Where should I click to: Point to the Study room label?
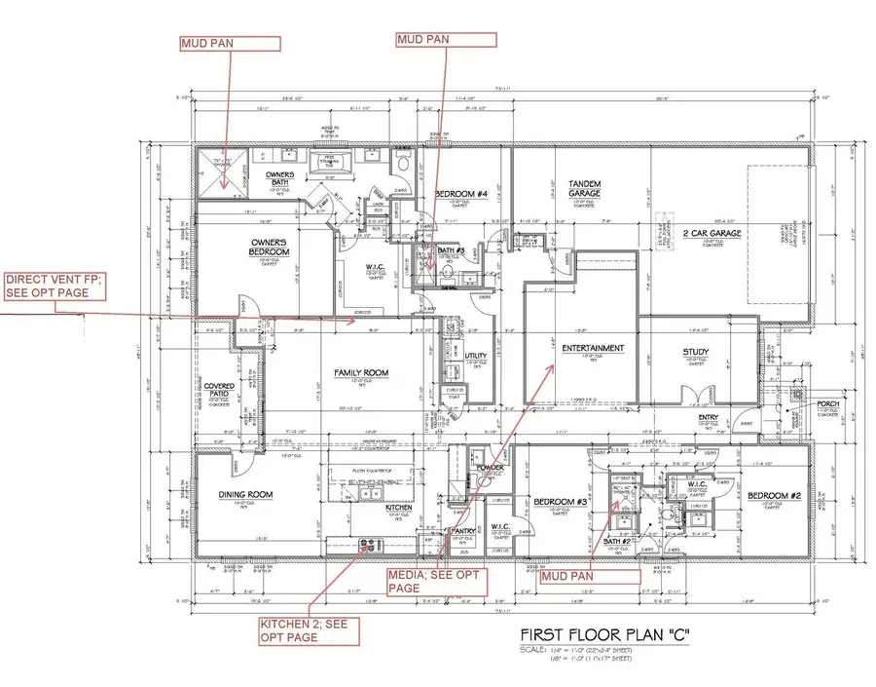click(696, 353)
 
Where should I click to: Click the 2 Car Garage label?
click(713, 233)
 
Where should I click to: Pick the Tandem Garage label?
click(585, 188)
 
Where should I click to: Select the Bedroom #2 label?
click(774, 497)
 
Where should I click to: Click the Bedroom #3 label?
click(559, 503)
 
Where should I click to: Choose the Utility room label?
click(475, 357)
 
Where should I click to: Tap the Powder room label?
click(490, 468)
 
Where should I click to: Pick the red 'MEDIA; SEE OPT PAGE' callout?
click(433, 580)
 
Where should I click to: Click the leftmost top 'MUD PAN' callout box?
click(230, 43)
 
